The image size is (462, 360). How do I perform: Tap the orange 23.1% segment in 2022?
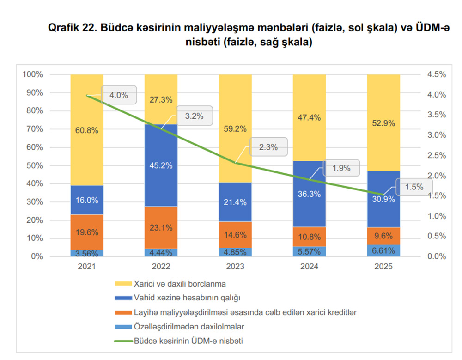coord(161,227)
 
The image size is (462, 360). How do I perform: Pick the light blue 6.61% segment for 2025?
coord(383,250)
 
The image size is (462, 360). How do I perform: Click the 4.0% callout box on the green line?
coord(119,95)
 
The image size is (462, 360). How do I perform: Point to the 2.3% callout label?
coord(268,147)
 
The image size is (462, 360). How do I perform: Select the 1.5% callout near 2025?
coord(414,187)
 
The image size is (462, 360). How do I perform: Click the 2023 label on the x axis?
coord(235,267)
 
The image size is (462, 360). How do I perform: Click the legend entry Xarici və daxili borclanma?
coord(179,283)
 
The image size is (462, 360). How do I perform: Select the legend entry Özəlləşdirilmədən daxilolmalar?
coord(188,327)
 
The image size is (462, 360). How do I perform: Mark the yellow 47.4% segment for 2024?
coord(309,118)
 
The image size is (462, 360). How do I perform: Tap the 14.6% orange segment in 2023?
coord(235,234)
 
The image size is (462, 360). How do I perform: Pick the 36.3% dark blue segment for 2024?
coord(309,194)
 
